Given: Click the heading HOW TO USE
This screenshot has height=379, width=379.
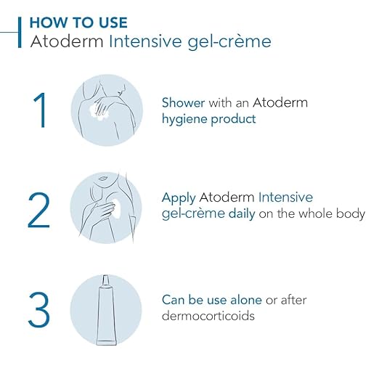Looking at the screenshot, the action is tap(78, 23).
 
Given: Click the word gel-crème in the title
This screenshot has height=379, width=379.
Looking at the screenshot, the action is tap(229, 41).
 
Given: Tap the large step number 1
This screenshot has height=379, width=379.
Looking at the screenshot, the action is tap(40, 110).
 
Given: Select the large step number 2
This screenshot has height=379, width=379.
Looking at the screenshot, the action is tap(39, 210).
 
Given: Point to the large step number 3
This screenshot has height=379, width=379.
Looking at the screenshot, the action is tap(39, 310).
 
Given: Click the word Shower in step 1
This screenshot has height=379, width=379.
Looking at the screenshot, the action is tap(184, 102).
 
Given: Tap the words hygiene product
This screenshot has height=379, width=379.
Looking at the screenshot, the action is tap(209, 119).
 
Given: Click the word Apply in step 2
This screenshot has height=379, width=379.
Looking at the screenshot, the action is tap(179, 198).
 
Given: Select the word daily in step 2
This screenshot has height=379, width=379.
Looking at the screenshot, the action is tap(242, 213).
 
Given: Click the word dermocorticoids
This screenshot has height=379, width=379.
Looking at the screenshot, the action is tap(208, 316).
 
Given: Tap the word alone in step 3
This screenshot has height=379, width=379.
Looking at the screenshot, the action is tap(246, 300).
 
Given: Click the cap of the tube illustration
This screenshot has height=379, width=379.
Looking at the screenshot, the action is tap(105, 280).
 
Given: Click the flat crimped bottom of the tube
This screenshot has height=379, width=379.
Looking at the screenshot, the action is tap(107, 343).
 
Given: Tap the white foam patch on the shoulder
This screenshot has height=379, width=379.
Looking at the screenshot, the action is tap(98, 113).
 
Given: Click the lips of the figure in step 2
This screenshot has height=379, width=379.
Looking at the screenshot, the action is tap(102, 179).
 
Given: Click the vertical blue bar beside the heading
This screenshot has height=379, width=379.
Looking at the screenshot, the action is tap(20, 32).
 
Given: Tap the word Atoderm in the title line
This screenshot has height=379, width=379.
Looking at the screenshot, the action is tap(67, 41).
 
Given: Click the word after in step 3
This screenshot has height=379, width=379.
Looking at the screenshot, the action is tap(293, 300).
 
